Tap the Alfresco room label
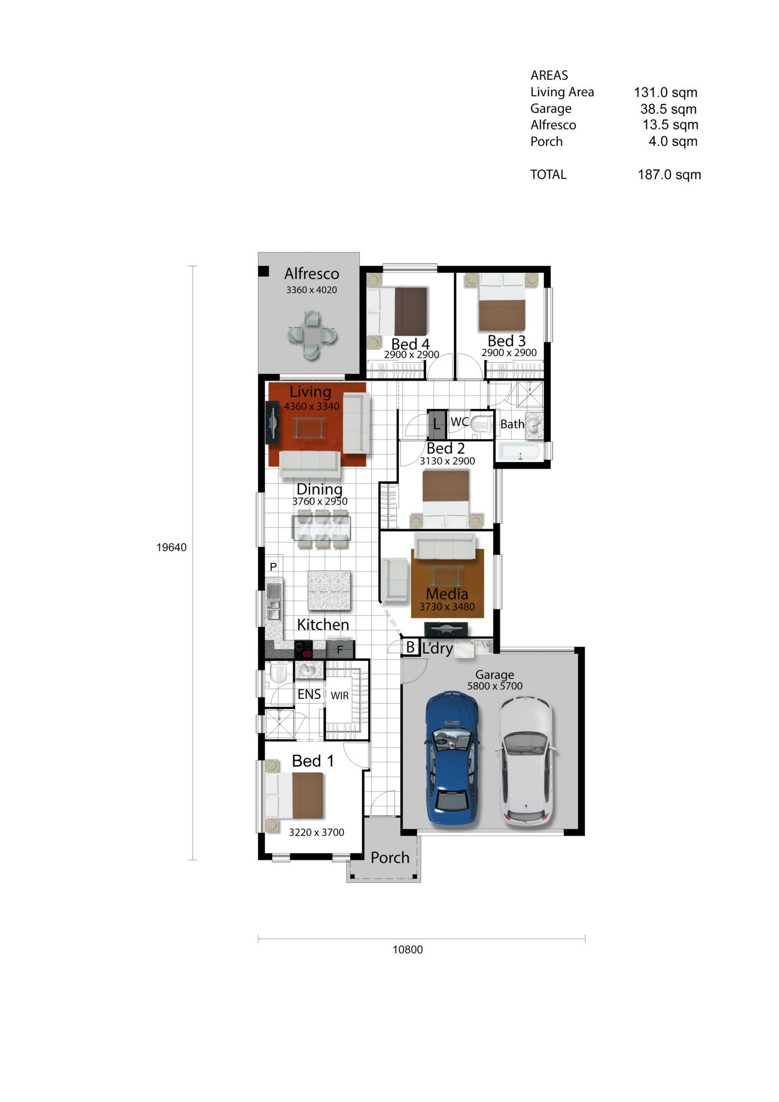pos(311,274)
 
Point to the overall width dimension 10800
pos(408,950)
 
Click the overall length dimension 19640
pos(172,547)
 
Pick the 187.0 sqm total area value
pos(669,174)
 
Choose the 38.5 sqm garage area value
pos(668,109)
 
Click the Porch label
pos(390,858)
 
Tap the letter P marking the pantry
pos(273,567)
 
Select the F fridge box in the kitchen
pos(340,649)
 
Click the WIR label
pos(339,695)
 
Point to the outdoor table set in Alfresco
pos(311,335)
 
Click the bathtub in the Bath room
pos(518,451)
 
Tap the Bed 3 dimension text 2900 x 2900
pos(509,353)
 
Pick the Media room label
pos(447,594)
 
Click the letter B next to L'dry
pos(410,647)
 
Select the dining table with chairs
pos(322,528)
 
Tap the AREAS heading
pos(549,75)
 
